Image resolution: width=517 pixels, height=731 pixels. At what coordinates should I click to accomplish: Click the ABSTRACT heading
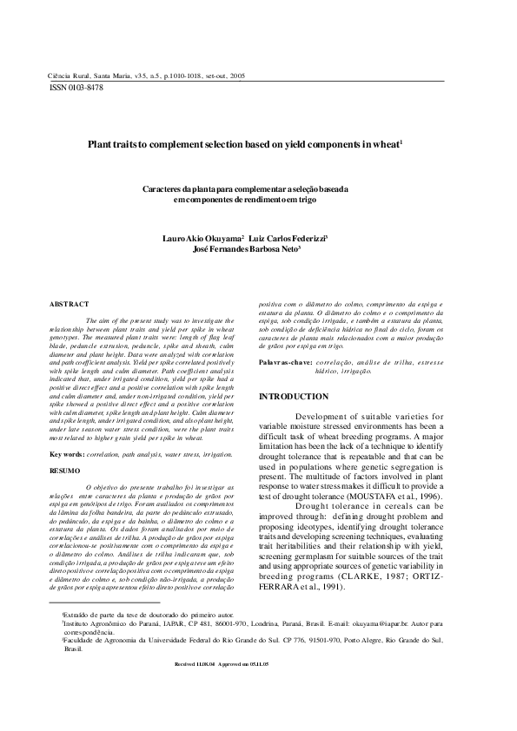pos(70,306)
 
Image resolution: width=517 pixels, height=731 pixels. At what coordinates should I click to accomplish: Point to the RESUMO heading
pos(66,471)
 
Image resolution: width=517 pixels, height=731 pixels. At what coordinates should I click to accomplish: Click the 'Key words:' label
pos(67,453)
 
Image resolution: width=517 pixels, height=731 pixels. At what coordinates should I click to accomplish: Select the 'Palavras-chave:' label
pos(285,361)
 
